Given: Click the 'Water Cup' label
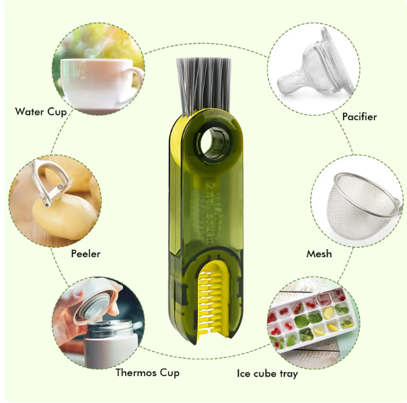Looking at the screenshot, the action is coord(41,112).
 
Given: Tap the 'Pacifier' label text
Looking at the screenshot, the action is coord(359,117).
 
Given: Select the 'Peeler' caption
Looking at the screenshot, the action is coord(85,254).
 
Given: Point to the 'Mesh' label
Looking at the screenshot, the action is coord(319,254).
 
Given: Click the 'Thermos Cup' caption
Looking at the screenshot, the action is coord(147,373).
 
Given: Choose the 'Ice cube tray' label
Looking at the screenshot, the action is coord(267,373).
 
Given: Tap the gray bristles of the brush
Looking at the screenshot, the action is coord(204,85).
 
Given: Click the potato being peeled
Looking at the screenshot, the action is coord(65,217).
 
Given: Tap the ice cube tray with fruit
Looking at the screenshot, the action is coord(311,319).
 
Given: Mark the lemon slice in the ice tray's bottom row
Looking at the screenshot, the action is coord(319,330).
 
